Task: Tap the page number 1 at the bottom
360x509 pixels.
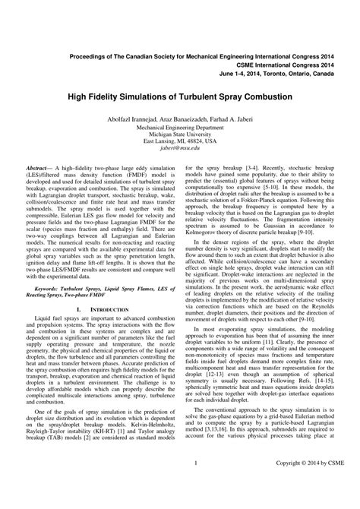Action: point(196,484)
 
